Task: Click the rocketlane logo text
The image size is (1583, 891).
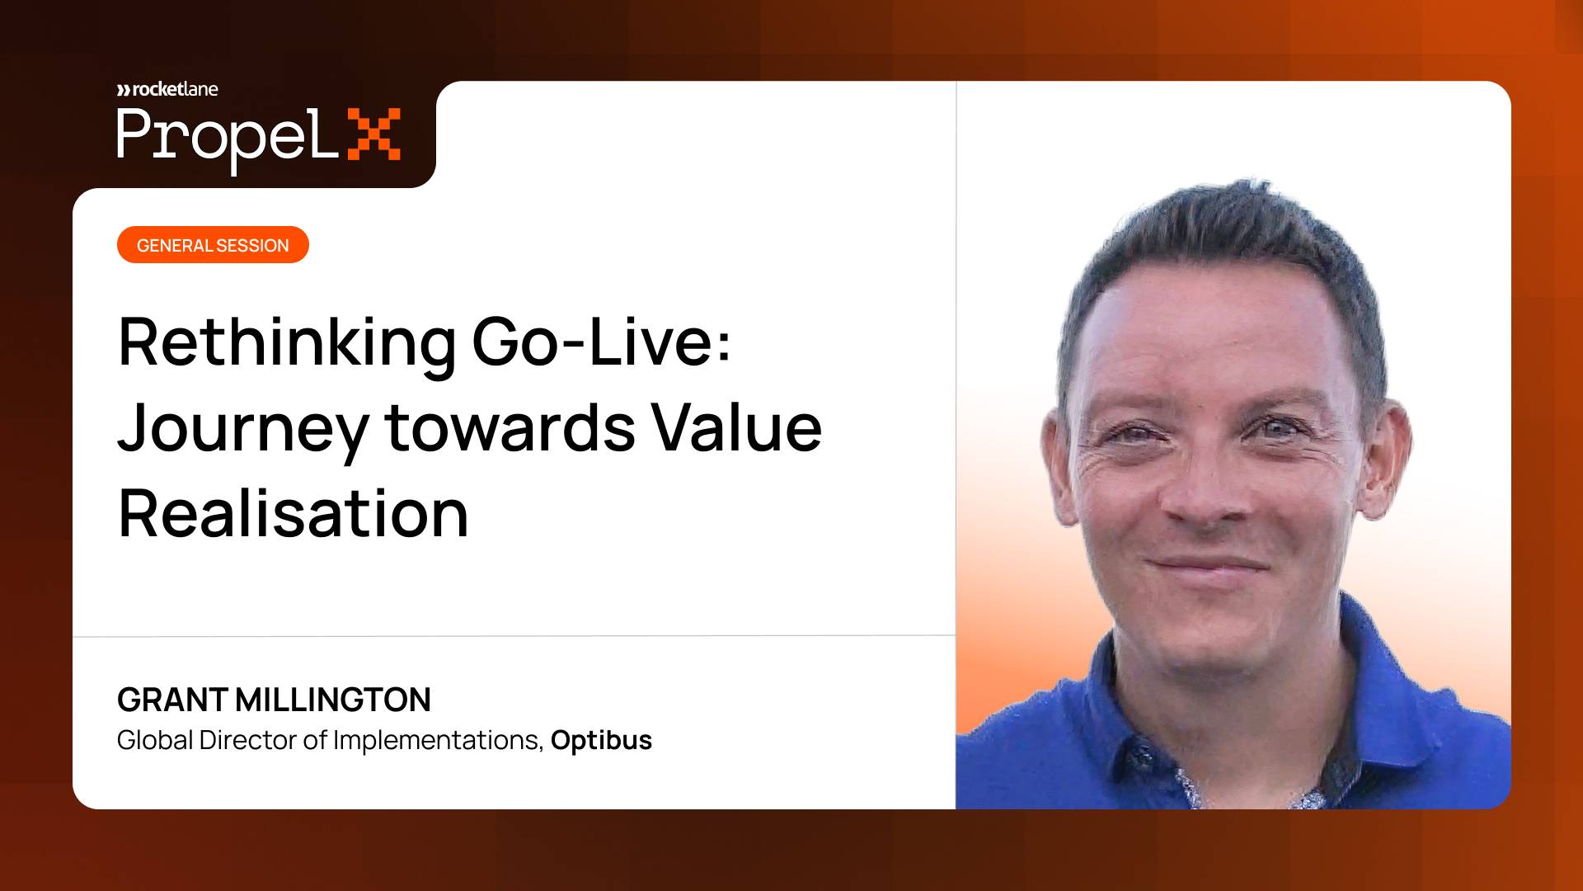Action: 167,89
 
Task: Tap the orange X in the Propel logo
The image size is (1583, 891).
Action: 374,134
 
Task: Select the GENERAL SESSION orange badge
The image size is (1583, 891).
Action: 213,245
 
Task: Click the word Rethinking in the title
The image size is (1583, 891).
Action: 287,343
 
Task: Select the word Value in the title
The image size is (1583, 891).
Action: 737,427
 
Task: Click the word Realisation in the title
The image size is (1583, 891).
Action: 294,513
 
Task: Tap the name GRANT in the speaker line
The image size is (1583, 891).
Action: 172,700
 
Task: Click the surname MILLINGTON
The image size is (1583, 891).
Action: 333,700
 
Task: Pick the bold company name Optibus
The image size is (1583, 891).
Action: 601,740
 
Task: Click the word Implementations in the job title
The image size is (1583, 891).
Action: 438,740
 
